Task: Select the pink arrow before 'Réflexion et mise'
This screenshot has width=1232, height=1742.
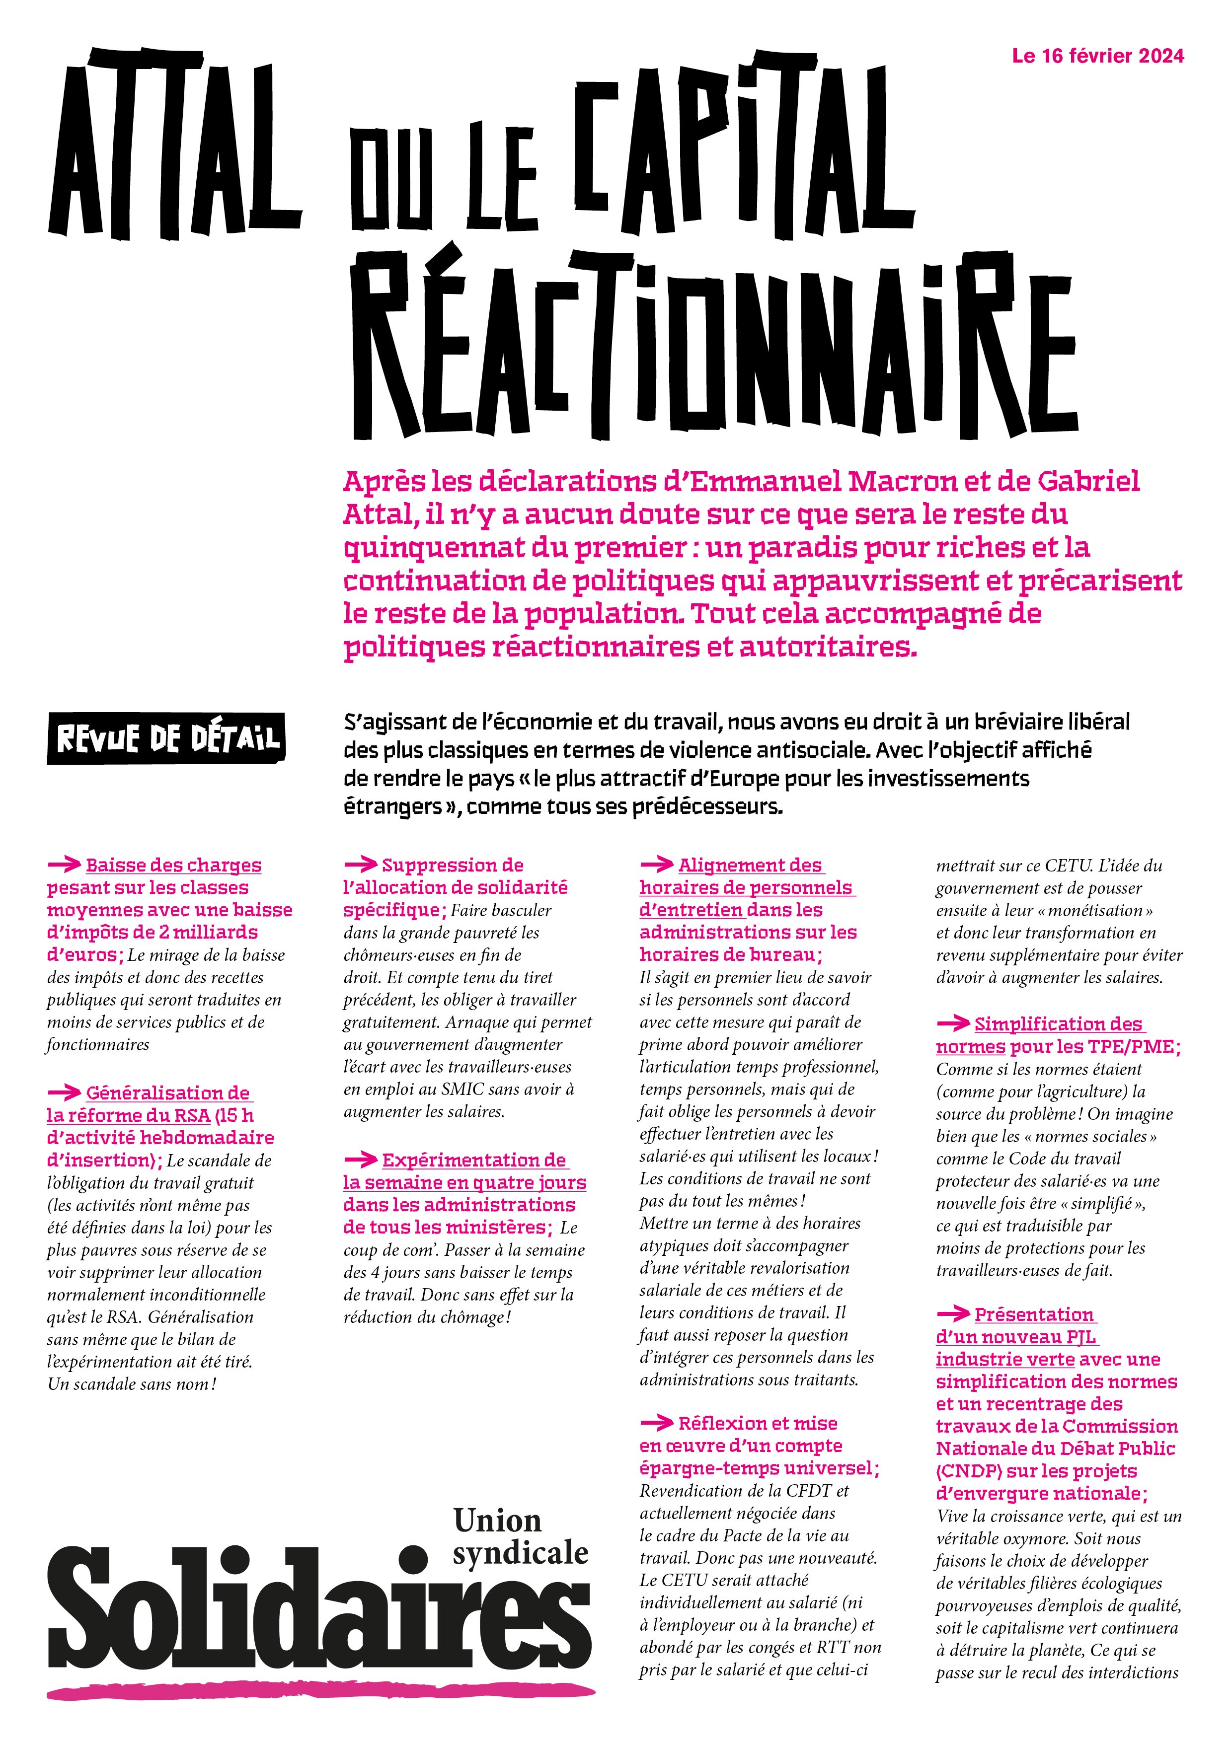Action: (657, 1423)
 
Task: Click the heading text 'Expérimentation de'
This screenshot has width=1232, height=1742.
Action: (473, 1160)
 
